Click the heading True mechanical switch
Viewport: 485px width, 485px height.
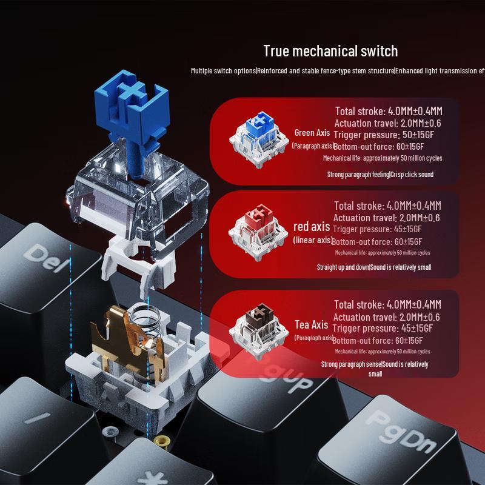point(330,51)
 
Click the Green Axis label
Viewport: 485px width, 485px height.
point(312,133)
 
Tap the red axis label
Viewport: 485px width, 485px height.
point(312,227)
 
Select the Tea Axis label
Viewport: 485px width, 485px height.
point(312,325)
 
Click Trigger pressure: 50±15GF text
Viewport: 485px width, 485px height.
point(383,135)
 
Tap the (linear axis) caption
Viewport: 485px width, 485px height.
point(312,240)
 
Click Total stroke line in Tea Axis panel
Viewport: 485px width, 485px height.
point(387,305)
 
